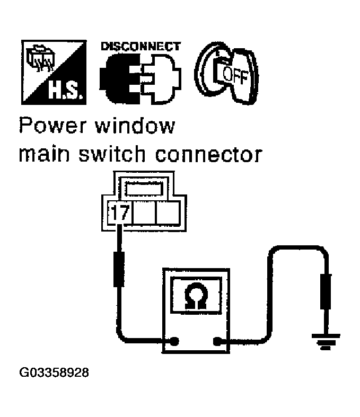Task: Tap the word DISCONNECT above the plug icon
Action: click(140, 46)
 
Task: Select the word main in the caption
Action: click(40, 155)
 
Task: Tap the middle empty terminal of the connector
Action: click(144, 214)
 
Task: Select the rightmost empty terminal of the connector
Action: click(168, 214)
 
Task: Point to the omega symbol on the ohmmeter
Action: click(196, 298)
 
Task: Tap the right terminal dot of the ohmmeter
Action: click(216, 341)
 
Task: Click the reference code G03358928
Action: click(54, 372)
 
